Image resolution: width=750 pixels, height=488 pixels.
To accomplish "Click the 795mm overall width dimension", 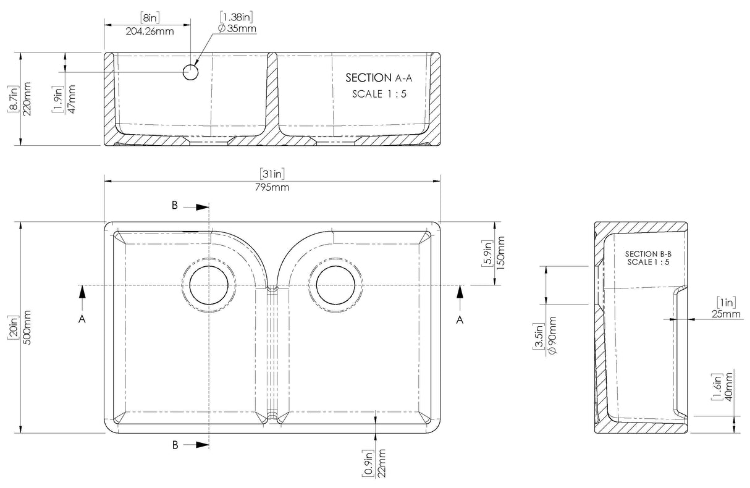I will point(271,187).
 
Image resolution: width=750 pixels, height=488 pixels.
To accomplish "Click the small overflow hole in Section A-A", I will point(190,73).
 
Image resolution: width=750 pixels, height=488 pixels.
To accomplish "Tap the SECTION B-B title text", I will point(647,254).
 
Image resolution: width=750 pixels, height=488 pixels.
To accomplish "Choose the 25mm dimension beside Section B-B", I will point(727,314).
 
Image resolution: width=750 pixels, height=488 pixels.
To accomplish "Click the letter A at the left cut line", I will point(82,319).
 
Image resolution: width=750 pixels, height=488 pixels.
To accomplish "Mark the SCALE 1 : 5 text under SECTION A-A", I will point(379,94).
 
